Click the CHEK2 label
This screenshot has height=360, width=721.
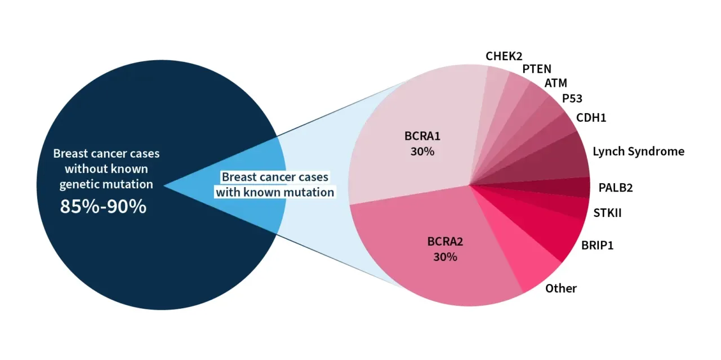(504, 56)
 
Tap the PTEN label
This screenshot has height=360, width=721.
(537, 69)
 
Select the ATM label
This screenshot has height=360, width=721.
(555, 83)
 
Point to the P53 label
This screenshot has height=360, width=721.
(572, 98)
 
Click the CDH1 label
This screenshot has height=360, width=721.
(591, 118)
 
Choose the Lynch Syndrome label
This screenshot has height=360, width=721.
(639, 152)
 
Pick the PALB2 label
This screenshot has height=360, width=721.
(616, 188)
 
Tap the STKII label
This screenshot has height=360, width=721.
(607, 213)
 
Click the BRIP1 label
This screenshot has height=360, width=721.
(598, 246)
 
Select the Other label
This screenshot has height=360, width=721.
(560, 288)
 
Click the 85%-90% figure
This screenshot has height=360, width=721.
(103, 206)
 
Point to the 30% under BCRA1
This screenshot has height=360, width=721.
(422, 152)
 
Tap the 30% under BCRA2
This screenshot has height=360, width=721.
(445, 257)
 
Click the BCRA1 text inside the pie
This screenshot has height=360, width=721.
(422, 136)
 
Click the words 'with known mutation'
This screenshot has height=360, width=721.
(275, 193)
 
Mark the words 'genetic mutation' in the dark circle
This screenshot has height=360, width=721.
(106, 185)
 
